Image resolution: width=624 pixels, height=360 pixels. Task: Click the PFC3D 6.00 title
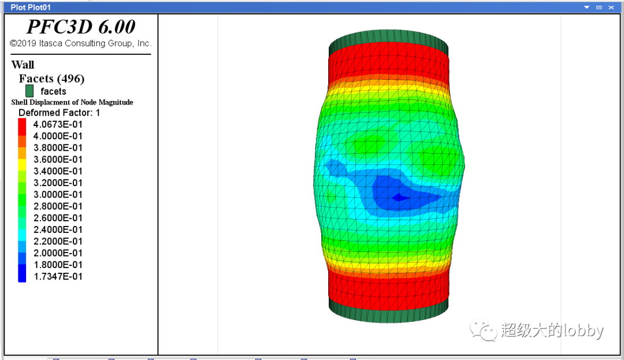81,27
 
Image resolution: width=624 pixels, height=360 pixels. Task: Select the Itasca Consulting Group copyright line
81,43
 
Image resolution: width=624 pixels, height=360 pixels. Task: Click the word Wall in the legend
23,65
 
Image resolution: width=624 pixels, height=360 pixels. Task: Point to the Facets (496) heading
52,79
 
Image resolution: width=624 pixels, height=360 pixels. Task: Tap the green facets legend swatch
29,91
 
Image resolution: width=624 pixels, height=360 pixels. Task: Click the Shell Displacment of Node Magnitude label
72,102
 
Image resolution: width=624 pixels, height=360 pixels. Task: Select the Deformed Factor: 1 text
60,113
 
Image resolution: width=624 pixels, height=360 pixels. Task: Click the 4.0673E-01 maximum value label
58,124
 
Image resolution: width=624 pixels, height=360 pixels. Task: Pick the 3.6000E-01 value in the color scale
58,159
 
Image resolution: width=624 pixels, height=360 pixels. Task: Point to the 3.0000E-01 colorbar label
58,195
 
